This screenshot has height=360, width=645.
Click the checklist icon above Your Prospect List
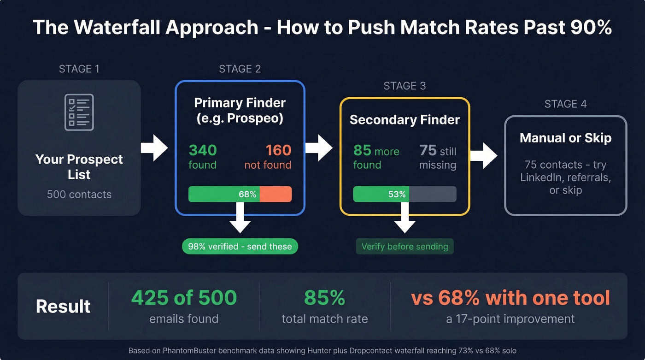(x=79, y=112)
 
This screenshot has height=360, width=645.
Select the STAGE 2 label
(x=240, y=69)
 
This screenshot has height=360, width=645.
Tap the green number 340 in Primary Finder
(x=203, y=150)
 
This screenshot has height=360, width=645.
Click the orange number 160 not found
(x=278, y=150)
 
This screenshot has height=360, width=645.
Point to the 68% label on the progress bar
(x=247, y=194)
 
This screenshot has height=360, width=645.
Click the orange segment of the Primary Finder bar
(x=276, y=194)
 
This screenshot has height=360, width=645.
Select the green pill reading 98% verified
(x=240, y=247)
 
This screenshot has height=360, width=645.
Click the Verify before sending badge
(x=405, y=247)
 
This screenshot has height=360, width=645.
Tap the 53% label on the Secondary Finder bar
(x=397, y=194)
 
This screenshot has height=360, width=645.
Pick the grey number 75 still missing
(x=428, y=151)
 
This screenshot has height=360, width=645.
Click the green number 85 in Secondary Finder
(x=363, y=151)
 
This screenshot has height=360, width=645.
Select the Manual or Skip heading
(x=565, y=138)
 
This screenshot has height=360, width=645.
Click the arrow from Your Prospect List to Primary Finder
(x=155, y=148)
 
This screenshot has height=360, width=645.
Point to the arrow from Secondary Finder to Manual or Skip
(x=484, y=156)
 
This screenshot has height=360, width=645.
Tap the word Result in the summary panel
(x=63, y=307)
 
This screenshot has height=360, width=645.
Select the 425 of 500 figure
(x=184, y=298)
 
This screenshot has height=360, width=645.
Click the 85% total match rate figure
(x=325, y=298)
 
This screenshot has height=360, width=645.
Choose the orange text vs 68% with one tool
(x=510, y=298)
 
